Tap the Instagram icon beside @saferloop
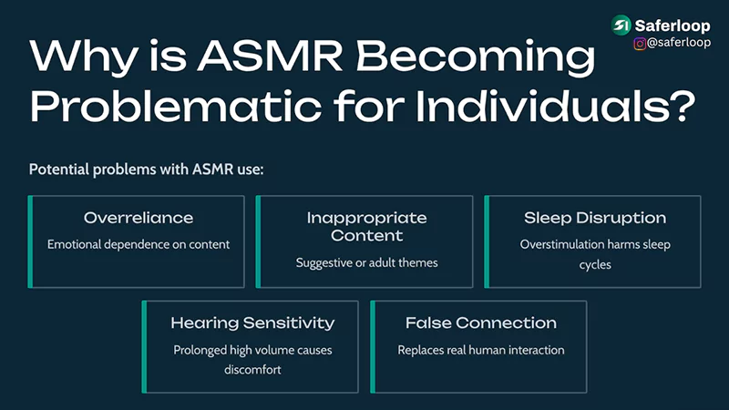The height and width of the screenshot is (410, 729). pyautogui.click(x=641, y=43)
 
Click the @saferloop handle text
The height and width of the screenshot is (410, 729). pyautogui.click(x=679, y=43)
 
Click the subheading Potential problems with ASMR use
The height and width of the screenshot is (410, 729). pyautogui.click(x=147, y=169)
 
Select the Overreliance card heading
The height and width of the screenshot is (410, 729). pyautogui.click(x=139, y=219)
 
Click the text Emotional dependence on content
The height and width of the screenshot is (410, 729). pyautogui.click(x=139, y=244)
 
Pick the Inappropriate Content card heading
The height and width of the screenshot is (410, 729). pyautogui.click(x=366, y=227)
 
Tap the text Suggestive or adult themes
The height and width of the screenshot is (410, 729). pyautogui.click(x=366, y=262)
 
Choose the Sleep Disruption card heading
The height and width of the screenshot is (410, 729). pyautogui.click(x=595, y=219)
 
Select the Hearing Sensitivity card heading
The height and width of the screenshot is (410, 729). pyautogui.click(x=252, y=323)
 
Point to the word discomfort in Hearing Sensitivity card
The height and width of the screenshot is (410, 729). pyautogui.click(x=252, y=369)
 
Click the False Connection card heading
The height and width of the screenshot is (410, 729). pyautogui.click(x=480, y=323)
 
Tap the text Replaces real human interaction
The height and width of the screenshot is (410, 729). pyautogui.click(x=480, y=349)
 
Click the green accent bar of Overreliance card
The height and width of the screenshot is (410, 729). pyautogui.click(x=31, y=241)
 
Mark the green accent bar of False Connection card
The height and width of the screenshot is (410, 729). pyautogui.click(x=373, y=346)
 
